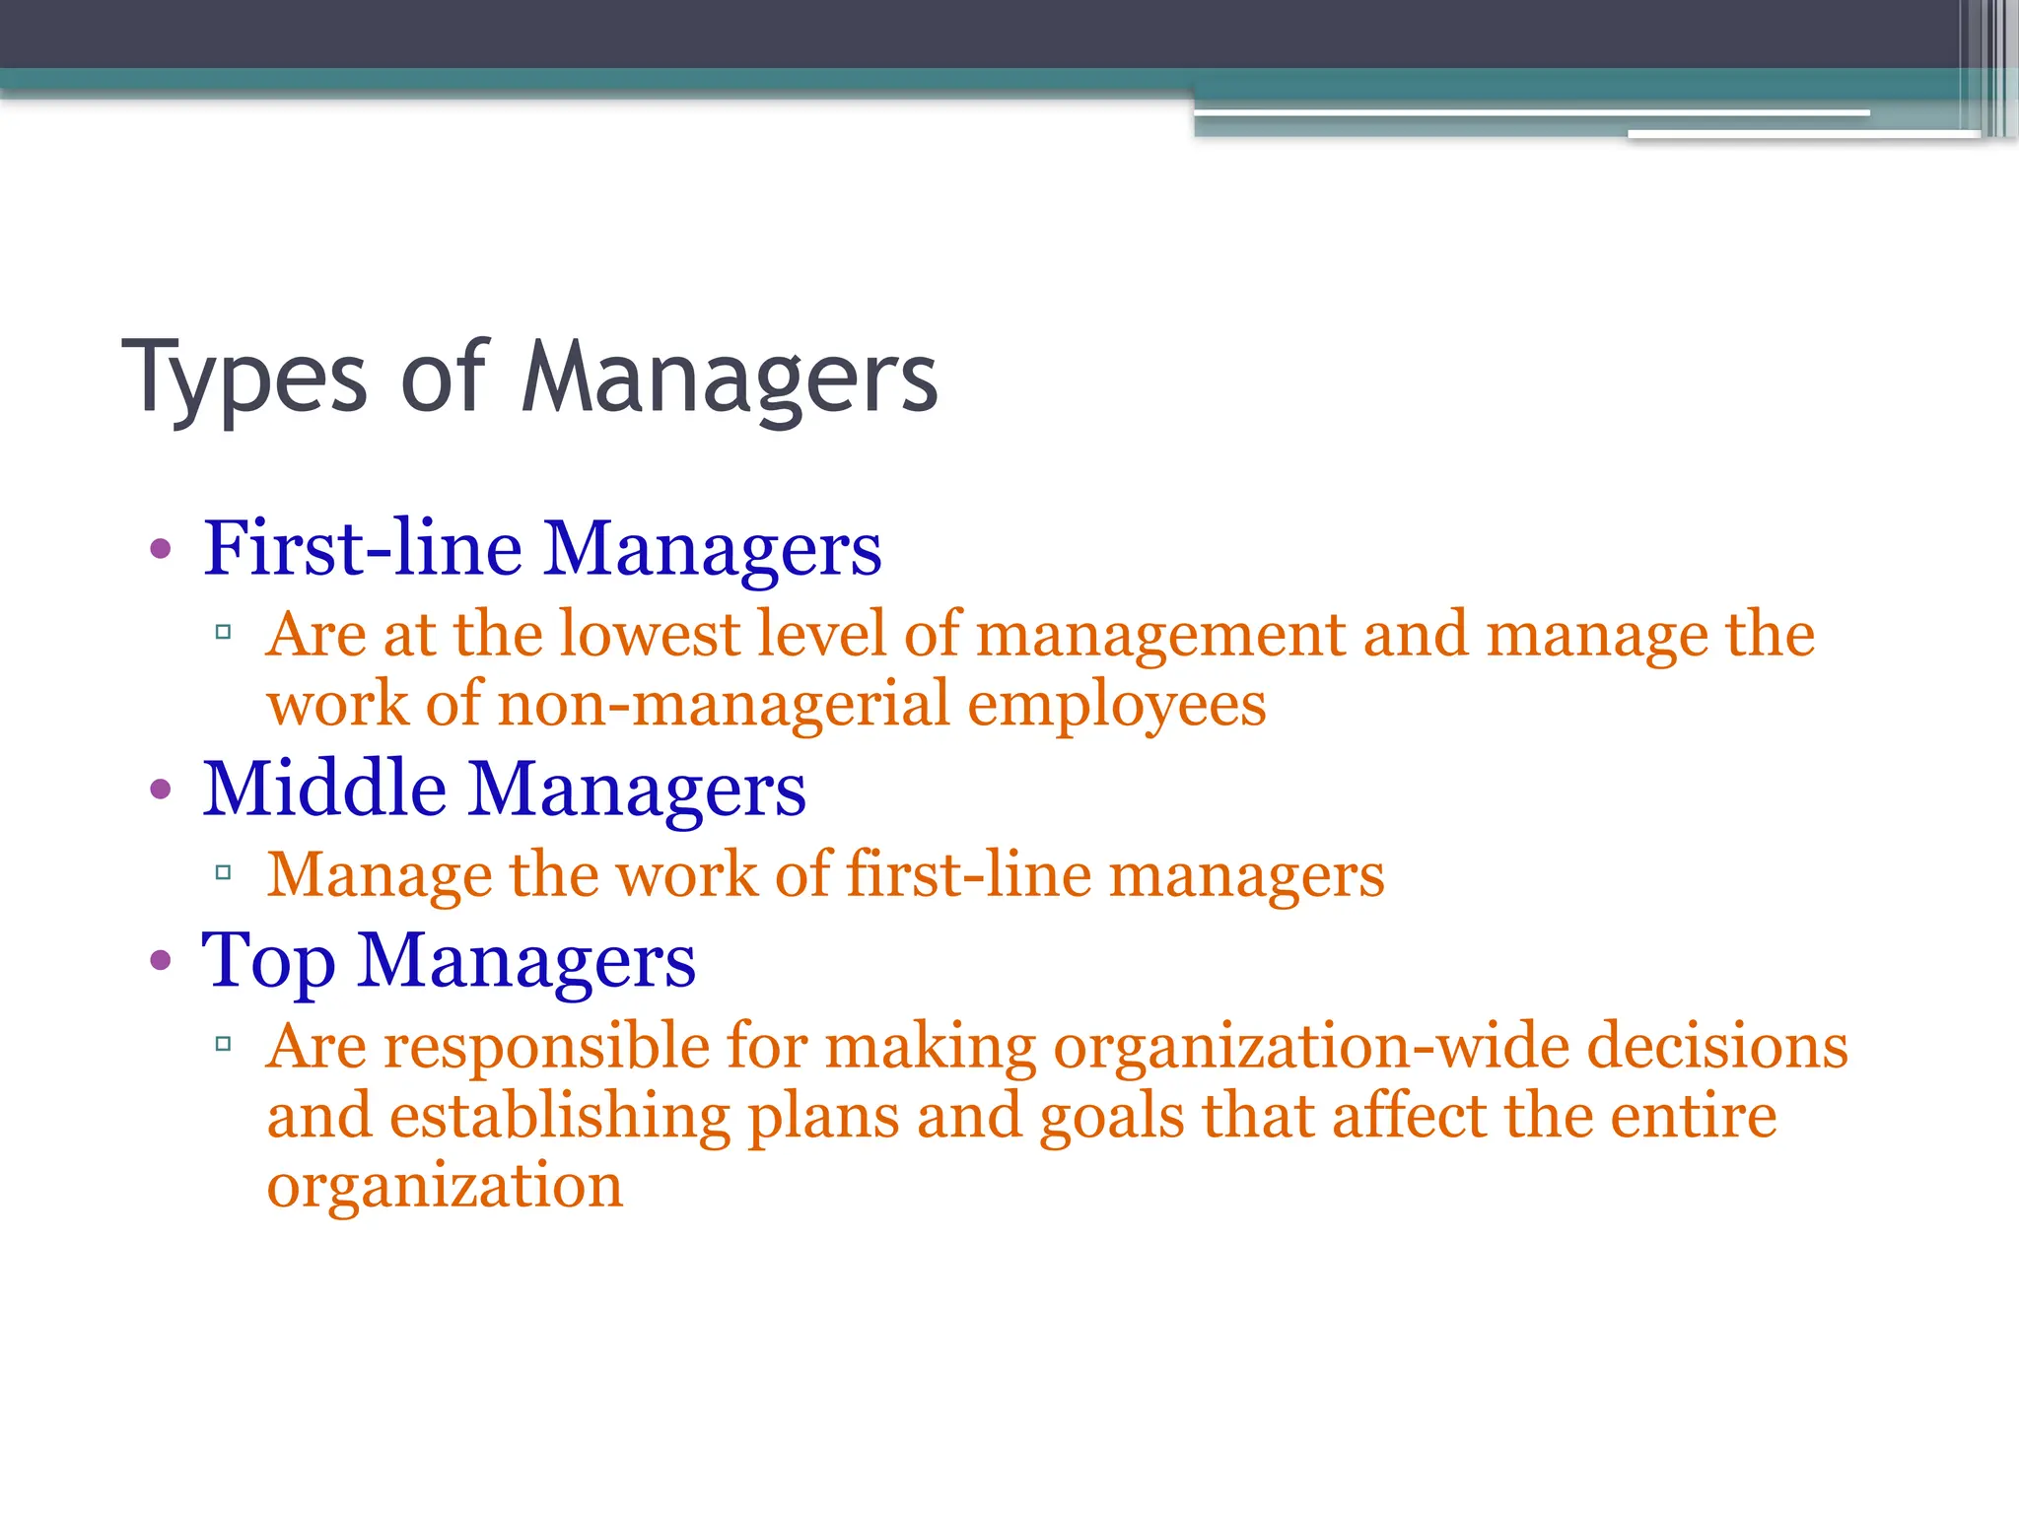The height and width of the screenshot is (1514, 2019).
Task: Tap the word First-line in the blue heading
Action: tap(362, 548)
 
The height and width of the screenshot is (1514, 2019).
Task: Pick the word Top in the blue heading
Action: tap(268, 961)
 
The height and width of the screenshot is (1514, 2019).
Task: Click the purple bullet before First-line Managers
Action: tap(161, 549)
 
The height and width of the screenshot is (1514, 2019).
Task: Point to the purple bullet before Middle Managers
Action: tap(161, 790)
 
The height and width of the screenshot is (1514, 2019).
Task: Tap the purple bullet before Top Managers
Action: tap(161, 961)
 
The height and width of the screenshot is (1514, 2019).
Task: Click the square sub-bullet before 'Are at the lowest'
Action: tap(224, 632)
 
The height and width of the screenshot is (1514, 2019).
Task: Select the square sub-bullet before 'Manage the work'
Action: tap(224, 872)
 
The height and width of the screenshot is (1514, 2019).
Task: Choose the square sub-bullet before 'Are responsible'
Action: tap(224, 1043)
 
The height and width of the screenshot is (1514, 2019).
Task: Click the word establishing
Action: tap(560, 1117)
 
